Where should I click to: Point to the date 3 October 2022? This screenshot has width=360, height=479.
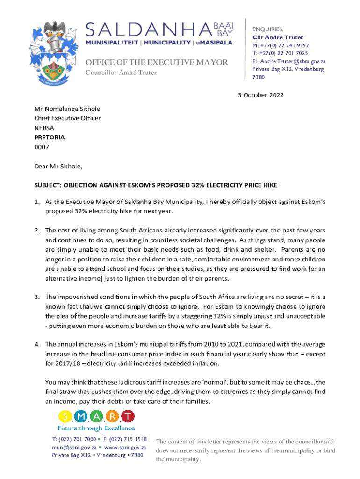tap(260, 95)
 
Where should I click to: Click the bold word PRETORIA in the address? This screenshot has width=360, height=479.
tap(50, 138)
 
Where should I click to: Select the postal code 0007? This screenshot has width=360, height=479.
tap(42, 147)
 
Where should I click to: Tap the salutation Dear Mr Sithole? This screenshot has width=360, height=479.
tap(58, 166)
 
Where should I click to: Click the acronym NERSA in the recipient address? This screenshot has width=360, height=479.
tap(44, 128)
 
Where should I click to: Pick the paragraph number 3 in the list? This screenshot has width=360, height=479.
tap(36, 297)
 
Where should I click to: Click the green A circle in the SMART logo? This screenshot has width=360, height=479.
tap(96, 415)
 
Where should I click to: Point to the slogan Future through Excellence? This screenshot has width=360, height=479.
tap(96, 428)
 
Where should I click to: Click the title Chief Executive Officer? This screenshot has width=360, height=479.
tap(67, 118)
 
